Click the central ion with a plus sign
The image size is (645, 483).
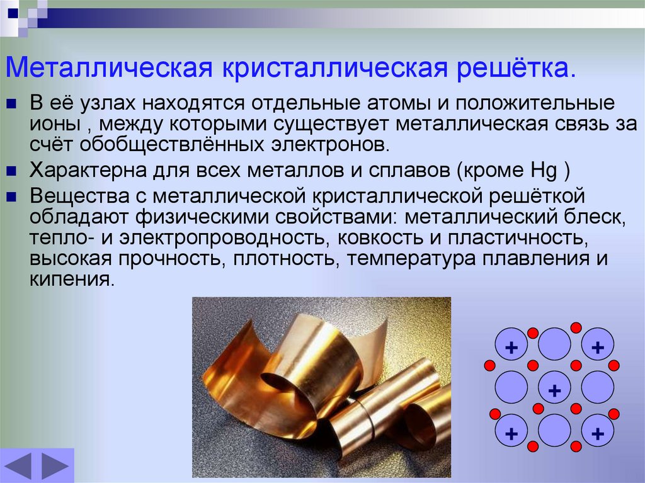(x=554, y=388)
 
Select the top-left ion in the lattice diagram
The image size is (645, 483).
(x=511, y=344)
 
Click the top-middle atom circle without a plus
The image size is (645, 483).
(x=554, y=344)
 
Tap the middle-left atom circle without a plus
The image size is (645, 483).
(x=511, y=388)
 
